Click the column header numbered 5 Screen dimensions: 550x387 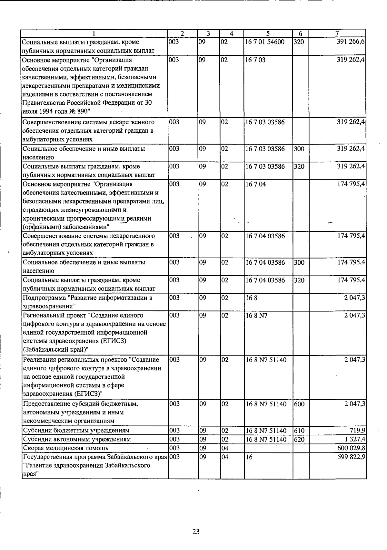268,33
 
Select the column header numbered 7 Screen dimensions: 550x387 337,33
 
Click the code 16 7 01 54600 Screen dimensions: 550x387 265,42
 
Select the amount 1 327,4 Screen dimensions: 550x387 355,439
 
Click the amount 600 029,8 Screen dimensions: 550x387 351,448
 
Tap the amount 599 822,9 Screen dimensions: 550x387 351,457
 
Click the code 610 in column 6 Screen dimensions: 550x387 299,430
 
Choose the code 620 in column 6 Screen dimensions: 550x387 299,439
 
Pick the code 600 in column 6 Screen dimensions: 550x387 299,403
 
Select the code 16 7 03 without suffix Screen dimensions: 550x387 255,60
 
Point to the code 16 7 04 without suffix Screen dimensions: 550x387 255,184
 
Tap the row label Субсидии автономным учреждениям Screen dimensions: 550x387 77,439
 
